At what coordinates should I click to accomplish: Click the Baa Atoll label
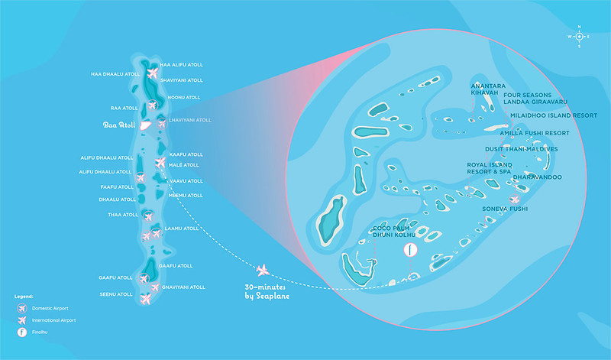119,125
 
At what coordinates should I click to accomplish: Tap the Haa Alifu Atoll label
181,65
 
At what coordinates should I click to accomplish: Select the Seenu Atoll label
116,294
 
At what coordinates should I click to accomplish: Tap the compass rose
579,36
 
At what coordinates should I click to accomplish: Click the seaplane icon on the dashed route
263,269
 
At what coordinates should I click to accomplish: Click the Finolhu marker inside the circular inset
410,250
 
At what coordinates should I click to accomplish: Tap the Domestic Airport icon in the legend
21,307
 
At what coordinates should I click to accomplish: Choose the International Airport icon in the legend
21,320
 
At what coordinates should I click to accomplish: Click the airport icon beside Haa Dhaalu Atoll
151,74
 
